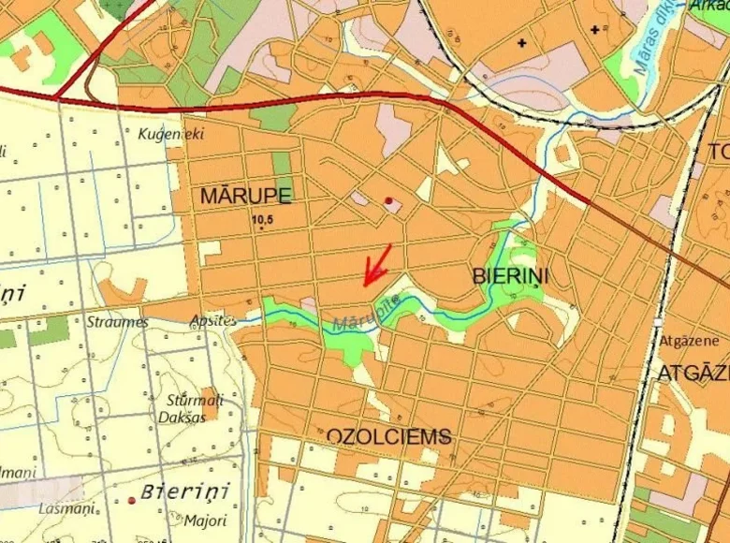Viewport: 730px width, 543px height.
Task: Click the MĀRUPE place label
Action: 245,195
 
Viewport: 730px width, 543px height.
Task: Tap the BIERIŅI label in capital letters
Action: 510,276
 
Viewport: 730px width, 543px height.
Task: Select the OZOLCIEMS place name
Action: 388,436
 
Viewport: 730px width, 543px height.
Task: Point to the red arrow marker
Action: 377,265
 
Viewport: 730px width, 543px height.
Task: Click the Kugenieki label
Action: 170,134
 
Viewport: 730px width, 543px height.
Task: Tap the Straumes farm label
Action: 117,322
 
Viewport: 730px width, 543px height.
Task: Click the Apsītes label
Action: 212,319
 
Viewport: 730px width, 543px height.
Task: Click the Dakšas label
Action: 181,417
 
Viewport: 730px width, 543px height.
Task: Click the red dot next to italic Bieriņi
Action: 132,501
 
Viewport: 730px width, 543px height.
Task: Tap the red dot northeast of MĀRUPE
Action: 389,200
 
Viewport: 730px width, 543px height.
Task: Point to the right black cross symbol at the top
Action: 594,30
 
